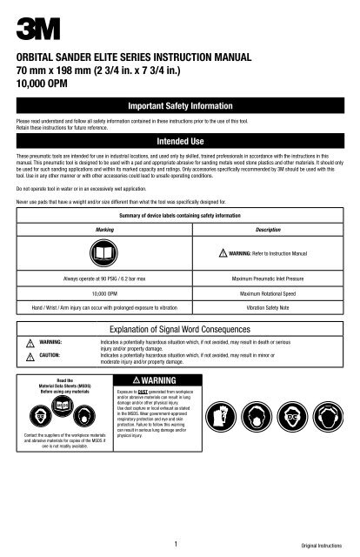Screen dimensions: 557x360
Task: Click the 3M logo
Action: [27, 19]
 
